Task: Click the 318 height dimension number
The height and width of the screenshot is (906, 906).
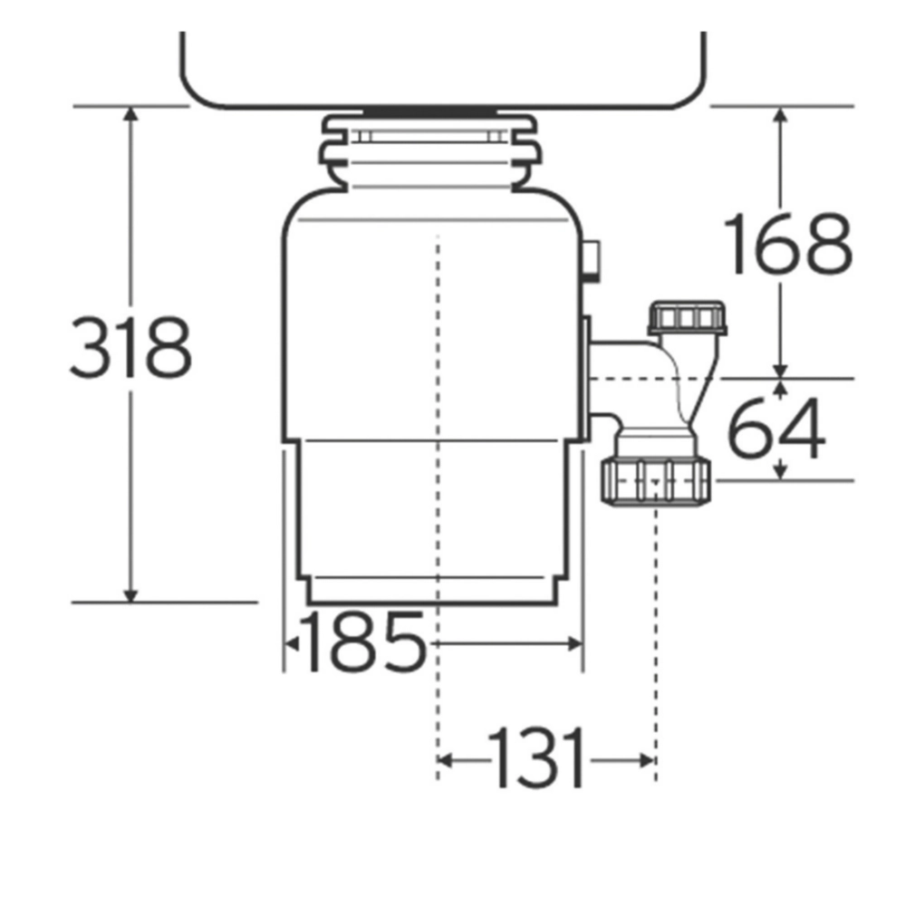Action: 130,348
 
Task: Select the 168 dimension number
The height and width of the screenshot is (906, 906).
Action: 786,245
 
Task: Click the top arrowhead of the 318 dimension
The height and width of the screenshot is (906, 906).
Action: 131,114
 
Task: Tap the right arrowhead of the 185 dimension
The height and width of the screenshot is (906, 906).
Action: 573,643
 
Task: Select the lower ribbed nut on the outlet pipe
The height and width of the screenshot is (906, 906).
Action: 655,480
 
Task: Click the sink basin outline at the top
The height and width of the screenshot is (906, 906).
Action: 442,72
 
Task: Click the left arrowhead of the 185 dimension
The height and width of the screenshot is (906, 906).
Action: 293,643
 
